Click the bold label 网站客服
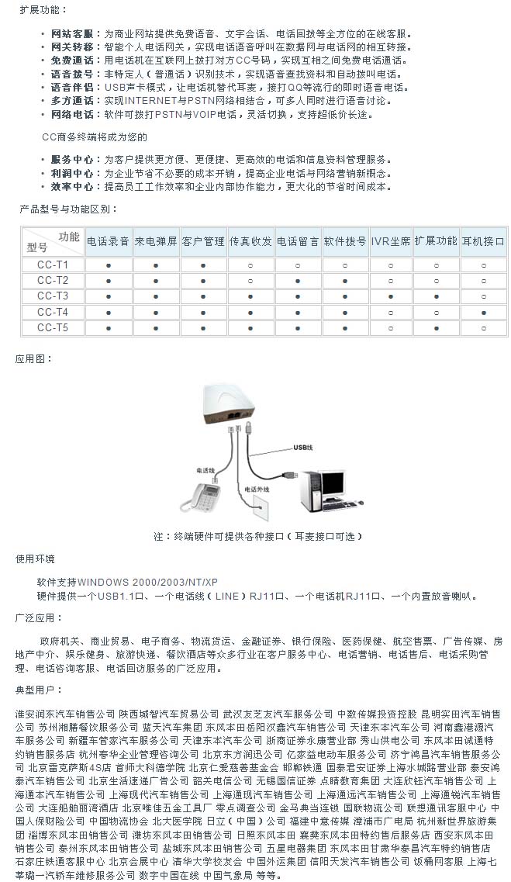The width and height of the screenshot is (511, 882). point(71,34)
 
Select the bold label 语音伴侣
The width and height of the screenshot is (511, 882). point(71,88)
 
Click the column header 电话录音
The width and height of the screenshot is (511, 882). point(108,241)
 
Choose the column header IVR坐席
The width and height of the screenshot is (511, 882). point(390,241)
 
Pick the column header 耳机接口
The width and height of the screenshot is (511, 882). point(483,241)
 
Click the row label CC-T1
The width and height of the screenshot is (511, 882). point(52,265)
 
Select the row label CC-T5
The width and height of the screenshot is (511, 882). point(52,327)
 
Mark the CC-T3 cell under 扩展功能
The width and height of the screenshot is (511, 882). point(436,296)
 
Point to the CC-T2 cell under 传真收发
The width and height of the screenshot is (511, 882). point(250,280)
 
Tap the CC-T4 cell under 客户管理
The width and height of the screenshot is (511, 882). point(202,312)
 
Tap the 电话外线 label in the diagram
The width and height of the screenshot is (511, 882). point(256,490)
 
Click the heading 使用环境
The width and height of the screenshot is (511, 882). point(36,559)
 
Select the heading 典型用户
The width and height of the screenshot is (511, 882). point(36,689)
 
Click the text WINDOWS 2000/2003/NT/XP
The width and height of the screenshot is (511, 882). point(147,582)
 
